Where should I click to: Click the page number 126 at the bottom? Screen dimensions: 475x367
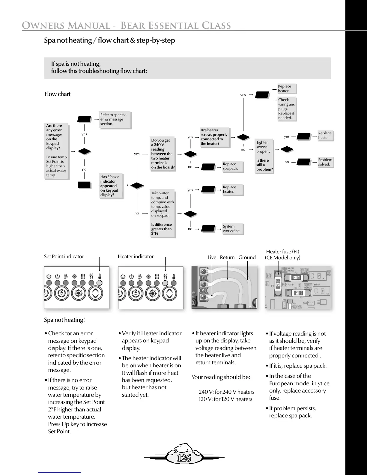point(184,458)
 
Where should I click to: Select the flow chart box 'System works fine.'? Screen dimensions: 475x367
point(232,229)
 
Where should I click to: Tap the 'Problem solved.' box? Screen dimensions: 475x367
point(325,162)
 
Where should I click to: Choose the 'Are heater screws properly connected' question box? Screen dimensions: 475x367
point(214,137)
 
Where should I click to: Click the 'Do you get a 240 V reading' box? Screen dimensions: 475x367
point(163,154)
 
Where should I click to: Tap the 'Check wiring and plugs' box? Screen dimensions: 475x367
point(287,109)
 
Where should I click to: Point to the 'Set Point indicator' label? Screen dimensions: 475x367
point(64,256)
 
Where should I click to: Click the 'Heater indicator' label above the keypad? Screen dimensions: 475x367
point(136,256)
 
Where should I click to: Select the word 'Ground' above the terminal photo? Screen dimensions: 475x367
point(247,257)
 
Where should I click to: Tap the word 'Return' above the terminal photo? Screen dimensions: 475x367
point(227,257)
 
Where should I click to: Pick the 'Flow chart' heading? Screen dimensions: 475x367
point(57,94)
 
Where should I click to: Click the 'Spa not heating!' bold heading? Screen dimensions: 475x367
point(64,320)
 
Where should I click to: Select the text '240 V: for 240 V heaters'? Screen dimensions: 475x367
point(226,392)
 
